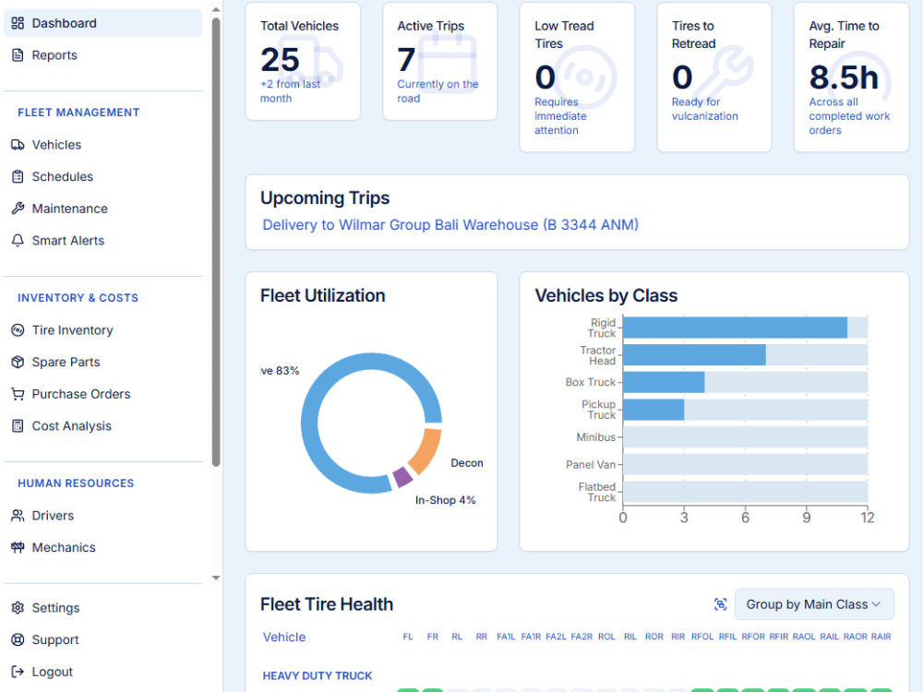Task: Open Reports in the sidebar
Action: tap(54, 55)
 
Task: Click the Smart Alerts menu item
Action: tap(67, 241)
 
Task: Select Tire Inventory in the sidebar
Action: tap(72, 330)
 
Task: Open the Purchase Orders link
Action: tap(81, 394)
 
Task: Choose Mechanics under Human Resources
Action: tap(64, 548)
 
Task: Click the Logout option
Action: tap(53, 672)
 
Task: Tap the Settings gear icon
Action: tap(18, 608)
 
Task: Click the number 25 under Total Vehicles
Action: tap(281, 59)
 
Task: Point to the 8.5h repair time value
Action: tap(844, 78)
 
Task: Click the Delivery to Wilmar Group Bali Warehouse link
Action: tap(450, 225)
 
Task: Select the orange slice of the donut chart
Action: tap(425, 451)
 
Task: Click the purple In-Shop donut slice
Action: tap(402, 477)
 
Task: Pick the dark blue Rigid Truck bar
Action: tap(735, 328)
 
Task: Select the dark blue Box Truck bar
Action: tap(664, 383)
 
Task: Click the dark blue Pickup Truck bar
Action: tap(653, 410)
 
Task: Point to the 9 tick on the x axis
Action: tap(806, 518)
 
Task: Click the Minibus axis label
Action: tap(595, 437)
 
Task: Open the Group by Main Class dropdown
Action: tap(814, 604)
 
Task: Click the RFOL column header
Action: tap(702, 637)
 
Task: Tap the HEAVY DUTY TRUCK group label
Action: tap(318, 676)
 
